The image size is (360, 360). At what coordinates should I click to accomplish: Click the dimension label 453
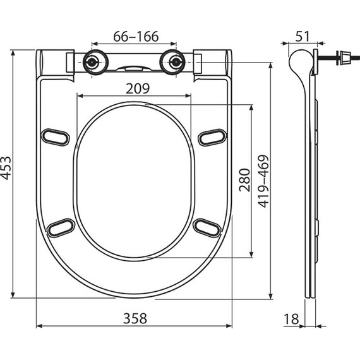(x=7, y=167)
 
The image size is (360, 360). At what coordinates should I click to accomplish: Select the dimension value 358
(x=133, y=316)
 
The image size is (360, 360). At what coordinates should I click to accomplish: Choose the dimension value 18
(x=291, y=319)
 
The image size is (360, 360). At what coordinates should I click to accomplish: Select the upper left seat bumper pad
(x=55, y=136)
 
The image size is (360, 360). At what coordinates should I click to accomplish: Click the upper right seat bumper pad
(x=212, y=136)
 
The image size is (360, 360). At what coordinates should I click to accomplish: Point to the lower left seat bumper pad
(x=61, y=227)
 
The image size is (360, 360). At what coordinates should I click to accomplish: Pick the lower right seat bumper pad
(x=207, y=227)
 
